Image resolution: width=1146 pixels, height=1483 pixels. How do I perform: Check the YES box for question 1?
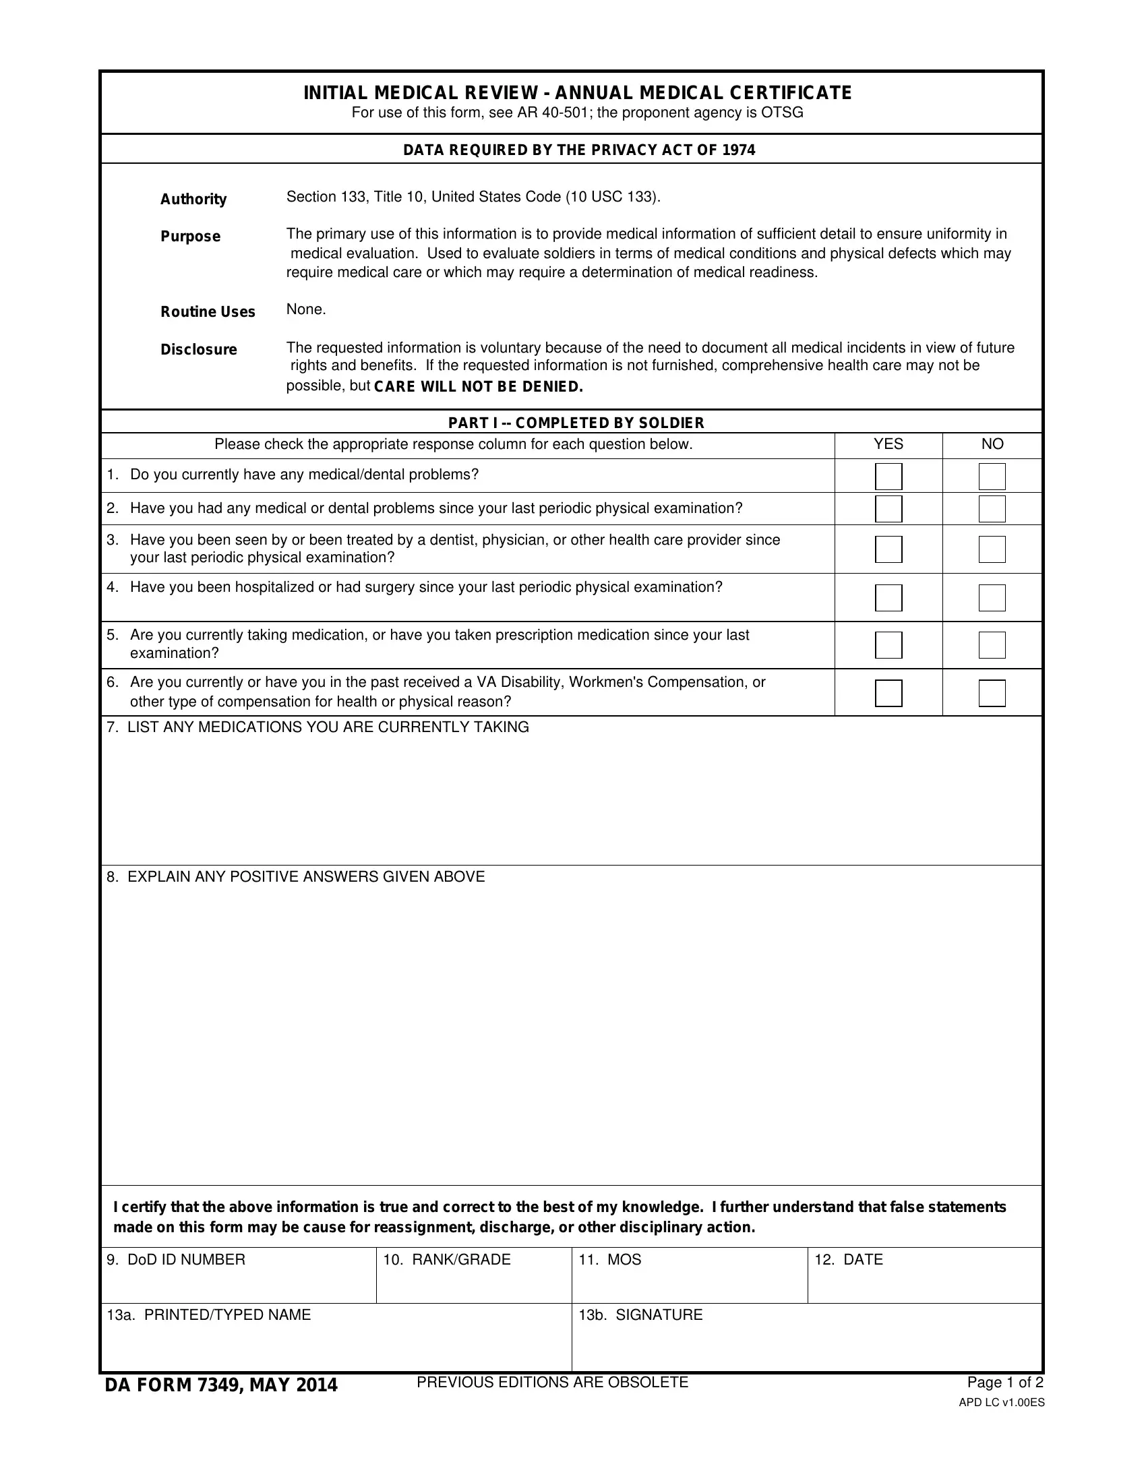point(888,476)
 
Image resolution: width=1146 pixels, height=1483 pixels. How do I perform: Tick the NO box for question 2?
point(991,508)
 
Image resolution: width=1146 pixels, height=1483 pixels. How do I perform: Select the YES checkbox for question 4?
point(888,597)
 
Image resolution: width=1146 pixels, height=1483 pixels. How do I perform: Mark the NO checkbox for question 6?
point(991,692)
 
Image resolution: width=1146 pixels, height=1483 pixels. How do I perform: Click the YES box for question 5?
point(888,644)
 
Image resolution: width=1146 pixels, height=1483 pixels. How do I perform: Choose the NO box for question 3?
point(991,549)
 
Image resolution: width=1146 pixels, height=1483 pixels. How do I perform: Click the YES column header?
point(888,444)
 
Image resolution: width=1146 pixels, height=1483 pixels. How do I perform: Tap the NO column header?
point(992,444)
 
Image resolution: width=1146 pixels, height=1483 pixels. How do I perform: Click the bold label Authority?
point(193,199)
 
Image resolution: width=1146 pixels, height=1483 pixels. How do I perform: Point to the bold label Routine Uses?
point(208,311)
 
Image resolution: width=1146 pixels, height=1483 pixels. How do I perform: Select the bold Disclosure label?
point(199,350)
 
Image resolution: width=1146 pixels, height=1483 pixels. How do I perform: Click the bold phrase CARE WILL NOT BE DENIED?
point(479,387)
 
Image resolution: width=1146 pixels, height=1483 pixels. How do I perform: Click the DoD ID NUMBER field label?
point(176,1260)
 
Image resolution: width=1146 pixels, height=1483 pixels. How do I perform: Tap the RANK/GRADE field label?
point(447,1260)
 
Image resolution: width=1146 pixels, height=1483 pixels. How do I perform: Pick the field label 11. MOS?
point(609,1260)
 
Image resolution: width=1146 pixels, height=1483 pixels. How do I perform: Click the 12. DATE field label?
point(849,1260)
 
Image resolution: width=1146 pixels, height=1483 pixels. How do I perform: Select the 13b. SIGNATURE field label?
point(640,1314)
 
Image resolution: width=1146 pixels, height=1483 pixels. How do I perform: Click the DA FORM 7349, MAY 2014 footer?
point(220,1385)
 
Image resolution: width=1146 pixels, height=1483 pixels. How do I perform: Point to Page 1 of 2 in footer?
point(1005,1383)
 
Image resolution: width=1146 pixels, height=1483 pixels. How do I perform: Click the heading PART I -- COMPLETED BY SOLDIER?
point(576,423)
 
